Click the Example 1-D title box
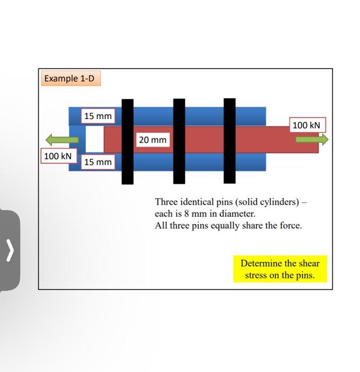click(70, 79)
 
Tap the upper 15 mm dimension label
click(98, 115)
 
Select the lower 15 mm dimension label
click(98, 162)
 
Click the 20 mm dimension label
click(152, 140)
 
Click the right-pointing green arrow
click(312, 139)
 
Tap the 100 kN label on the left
click(58, 156)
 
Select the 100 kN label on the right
click(306, 125)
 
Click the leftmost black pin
click(127, 141)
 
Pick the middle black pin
click(179, 141)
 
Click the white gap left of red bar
click(94, 139)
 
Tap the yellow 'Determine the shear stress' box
click(280, 269)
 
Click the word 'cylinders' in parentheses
click(280, 202)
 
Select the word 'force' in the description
click(289, 226)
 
